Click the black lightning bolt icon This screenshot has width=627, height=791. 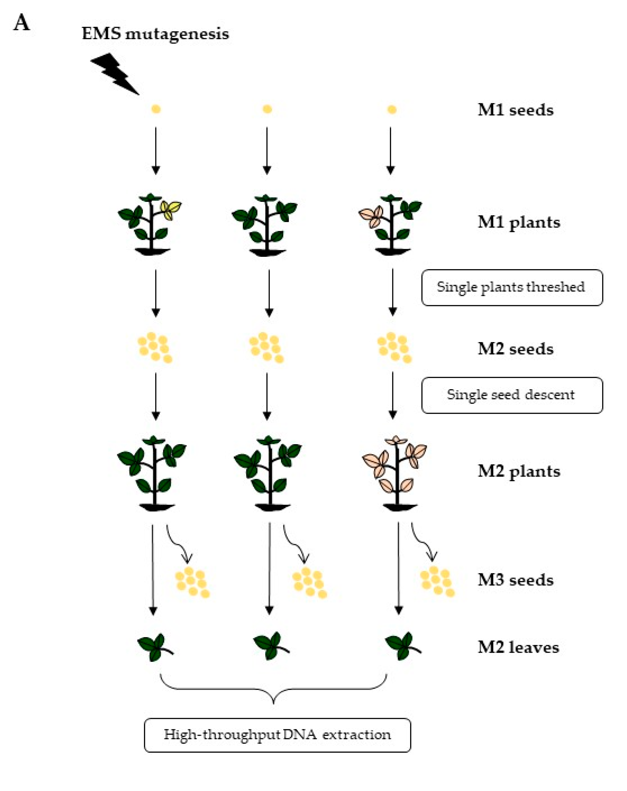114,74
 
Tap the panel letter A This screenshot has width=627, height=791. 21,23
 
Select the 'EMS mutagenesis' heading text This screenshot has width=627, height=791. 155,34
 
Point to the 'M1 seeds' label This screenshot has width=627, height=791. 515,110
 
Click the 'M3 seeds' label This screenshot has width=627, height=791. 515,580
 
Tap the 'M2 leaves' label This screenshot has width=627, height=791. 518,647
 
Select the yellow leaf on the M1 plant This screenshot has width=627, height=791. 171,210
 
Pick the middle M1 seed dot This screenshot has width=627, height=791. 267,109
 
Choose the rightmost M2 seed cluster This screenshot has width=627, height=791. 394,347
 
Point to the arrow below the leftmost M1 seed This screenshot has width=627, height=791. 156,150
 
